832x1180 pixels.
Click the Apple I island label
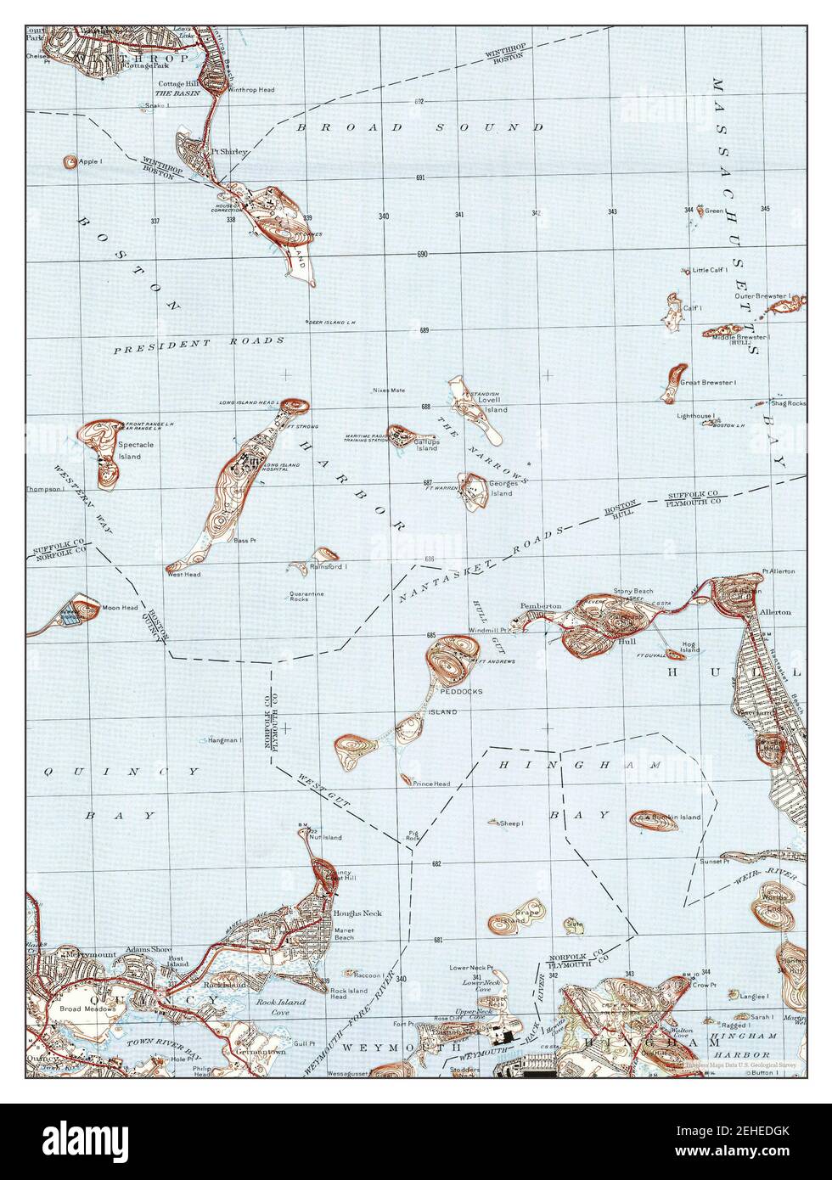(x=90, y=161)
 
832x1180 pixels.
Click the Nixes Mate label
(x=389, y=391)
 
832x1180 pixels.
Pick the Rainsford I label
(x=329, y=566)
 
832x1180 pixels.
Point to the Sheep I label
(x=511, y=823)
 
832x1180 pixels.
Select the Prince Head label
(x=431, y=784)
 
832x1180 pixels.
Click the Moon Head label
(x=120, y=608)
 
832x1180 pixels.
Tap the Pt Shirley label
(x=230, y=152)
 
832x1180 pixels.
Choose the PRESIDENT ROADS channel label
(x=199, y=344)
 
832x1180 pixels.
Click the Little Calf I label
(x=711, y=270)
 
